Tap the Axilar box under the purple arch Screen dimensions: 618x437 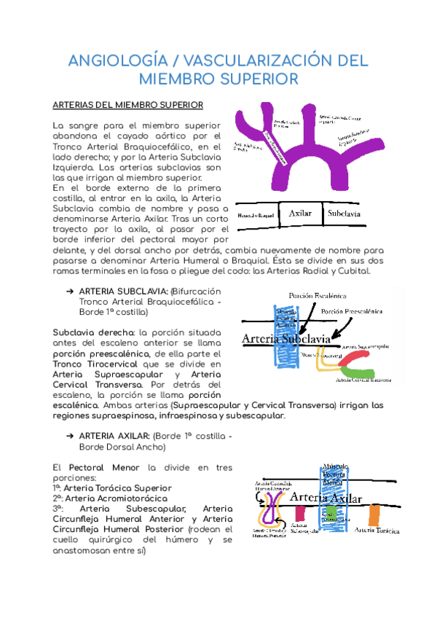click(x=300, y=214)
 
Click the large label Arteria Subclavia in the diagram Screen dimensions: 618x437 click(x=286, y=339)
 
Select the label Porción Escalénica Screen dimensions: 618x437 click(x=317, y=296)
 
